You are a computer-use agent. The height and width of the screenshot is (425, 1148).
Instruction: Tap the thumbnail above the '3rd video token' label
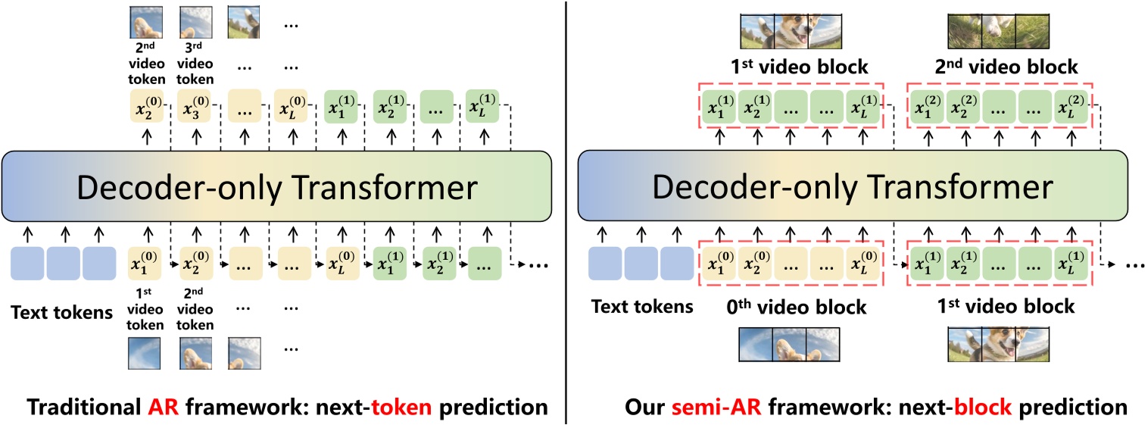coord(196,23)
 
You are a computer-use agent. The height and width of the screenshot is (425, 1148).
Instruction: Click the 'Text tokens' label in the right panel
coord(641,307)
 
